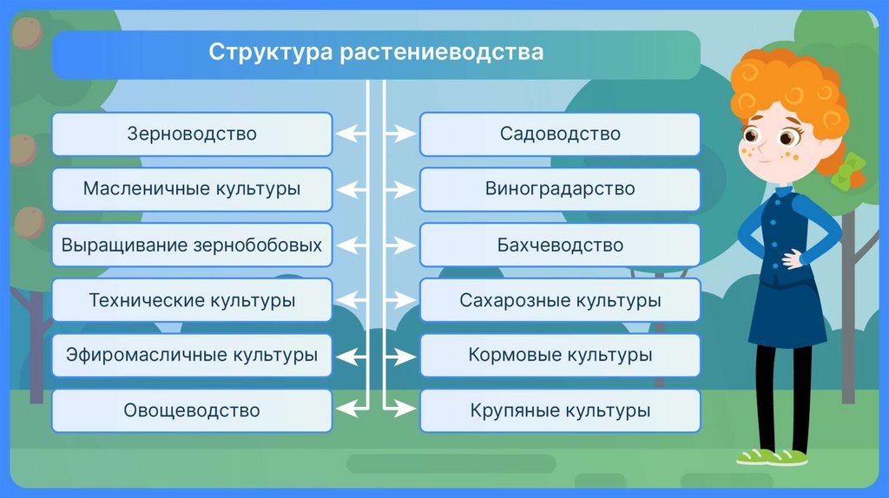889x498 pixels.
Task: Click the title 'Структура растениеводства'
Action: (x=376, y=52)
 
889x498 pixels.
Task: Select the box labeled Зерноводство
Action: (x=192, y=134)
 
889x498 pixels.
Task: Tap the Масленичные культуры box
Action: (x=192, y=189)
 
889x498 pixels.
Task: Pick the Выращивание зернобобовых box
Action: (x=192, y=245)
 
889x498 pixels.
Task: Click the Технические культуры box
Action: (x=192, y=300)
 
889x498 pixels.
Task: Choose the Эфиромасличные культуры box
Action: (x=192, y=355)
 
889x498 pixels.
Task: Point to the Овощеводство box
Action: (x=192, y=410)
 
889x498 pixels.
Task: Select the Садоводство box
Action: (x=560, y=134)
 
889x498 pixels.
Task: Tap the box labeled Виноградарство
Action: (x=560, y=189)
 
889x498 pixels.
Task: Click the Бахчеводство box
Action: (x=560, y=245)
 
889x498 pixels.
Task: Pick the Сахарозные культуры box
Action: (x=560, y=300)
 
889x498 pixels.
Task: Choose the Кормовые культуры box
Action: (x=560, y=355)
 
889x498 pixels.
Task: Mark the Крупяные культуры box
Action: (x=560, y=410)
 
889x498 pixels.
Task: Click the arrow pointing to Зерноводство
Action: (x=352, y=134)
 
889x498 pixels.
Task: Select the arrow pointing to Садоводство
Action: (x=399, y=134)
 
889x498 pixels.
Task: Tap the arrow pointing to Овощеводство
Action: (x=352, y=408)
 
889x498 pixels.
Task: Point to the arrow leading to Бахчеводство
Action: (x=399, y=245)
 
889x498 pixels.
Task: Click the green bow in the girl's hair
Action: (x=847, y=169)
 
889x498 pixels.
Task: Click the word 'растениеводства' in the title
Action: (x=442, y=52)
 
